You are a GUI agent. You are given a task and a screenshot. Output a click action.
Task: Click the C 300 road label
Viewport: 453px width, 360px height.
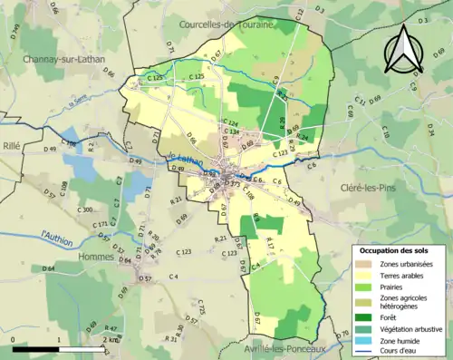[85, 209]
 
